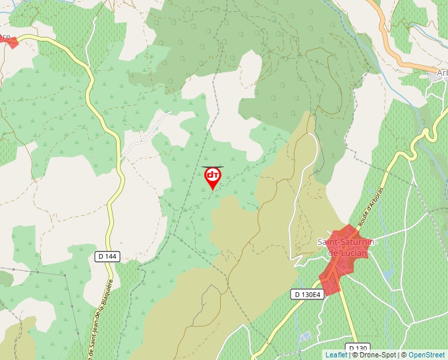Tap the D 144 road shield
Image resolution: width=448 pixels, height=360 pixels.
[x=107, y=256]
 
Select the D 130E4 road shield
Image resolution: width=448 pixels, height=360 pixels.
[x=308, y=294]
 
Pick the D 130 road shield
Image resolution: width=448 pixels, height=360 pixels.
[x=358, y=347]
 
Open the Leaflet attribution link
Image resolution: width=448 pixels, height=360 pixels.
[x=335, y=355]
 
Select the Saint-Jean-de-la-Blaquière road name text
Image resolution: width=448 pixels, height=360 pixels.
[x=99, y=316]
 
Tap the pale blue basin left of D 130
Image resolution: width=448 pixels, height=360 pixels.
[x=304, y=336]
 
